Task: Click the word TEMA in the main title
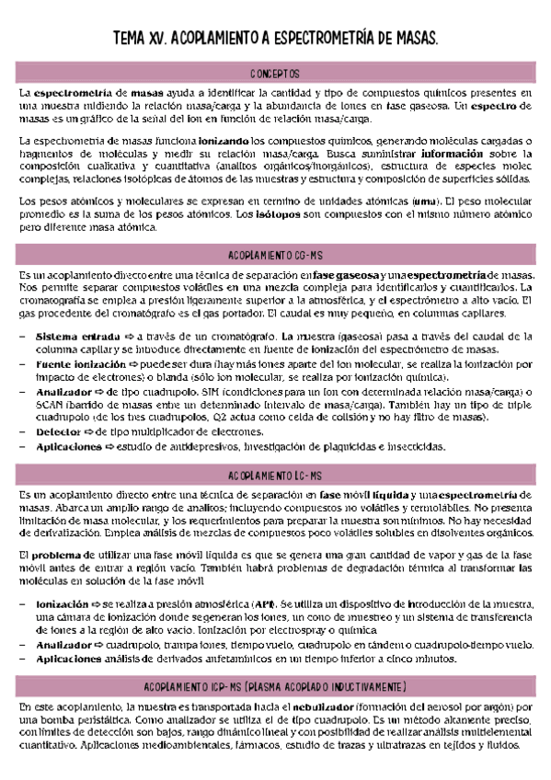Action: click(130, 40)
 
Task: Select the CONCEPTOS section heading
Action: click(275, 74)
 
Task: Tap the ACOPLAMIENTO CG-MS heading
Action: click(275, 254)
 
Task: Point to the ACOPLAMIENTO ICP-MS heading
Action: click(275, 686)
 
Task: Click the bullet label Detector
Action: click(58, 431)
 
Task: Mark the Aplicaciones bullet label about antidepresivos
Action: click(69, 446)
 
